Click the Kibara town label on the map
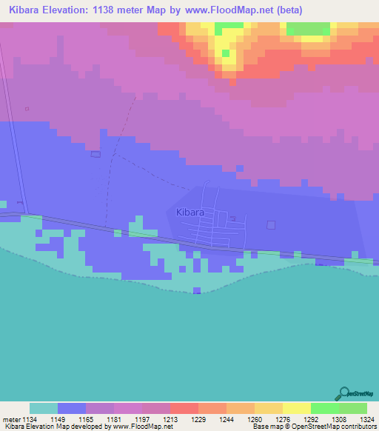pyautogui.click(x=190, y=213)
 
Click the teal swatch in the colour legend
pyautogui.click(x=44, y=408)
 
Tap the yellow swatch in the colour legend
pyautogui.click(x=296, y=408)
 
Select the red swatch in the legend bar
pyautogui.click(x=184, y=408)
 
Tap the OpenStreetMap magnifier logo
pyautogui.click(x=343, y=392)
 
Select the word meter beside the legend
pyautogui.click(x=13, y=419)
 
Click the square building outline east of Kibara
pyautogui.click(x=271, y=224)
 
